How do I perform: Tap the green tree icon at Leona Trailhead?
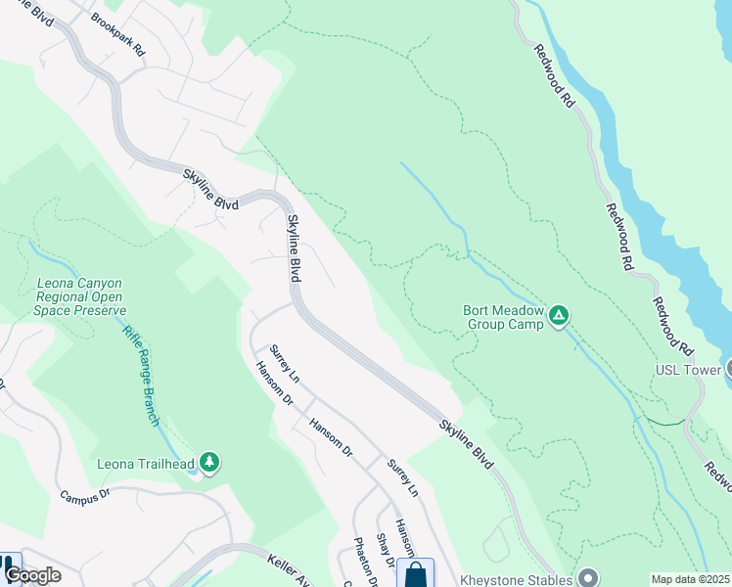[207, 461]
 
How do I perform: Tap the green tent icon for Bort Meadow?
[559, 315]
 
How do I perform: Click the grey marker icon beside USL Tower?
[729, 368]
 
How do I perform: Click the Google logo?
[32, 575]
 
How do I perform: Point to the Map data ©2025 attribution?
[690, 579]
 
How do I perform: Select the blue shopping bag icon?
[416, 573]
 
